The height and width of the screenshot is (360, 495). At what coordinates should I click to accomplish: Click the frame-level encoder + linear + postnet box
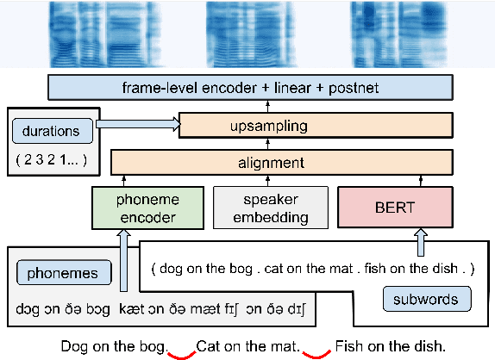pos(250,88)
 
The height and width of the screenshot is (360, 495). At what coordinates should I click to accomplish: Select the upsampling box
pos(316,126)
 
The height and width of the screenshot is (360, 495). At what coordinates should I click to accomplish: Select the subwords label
pos(427,299)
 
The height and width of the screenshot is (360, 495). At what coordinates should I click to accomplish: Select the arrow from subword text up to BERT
pos(422,243)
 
